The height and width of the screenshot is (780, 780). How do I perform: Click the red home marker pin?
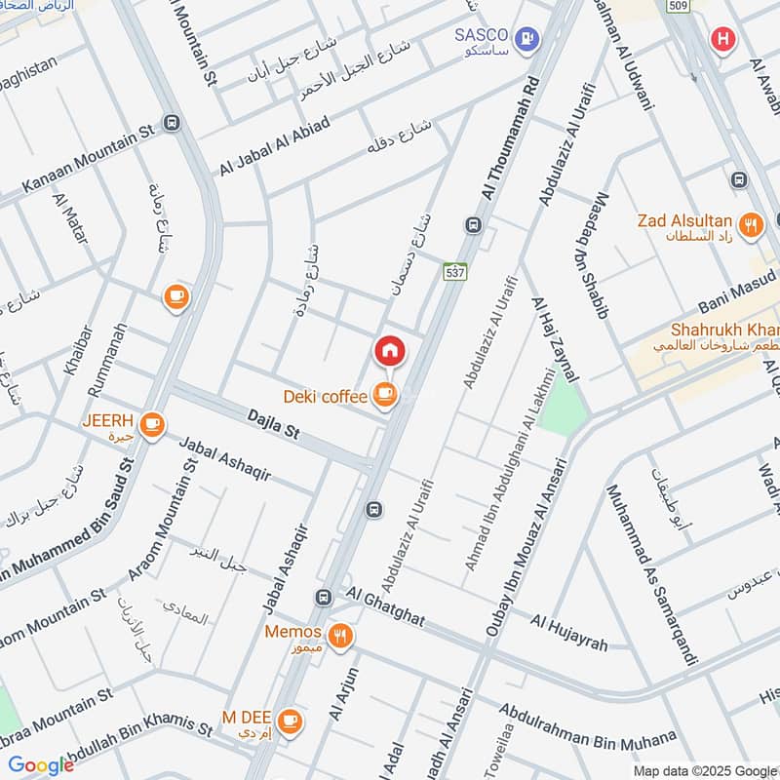click(x=388, y=351)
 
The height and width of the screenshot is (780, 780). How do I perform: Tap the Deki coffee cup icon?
click(x=386, y=395)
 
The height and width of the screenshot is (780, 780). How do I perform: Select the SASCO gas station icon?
click(x=527, y=38)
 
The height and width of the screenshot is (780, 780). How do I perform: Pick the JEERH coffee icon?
click(x=151, y=424)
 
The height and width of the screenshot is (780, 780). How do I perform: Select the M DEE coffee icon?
click(x=289, y=721)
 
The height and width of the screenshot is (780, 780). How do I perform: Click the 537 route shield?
click(x=455, y=271)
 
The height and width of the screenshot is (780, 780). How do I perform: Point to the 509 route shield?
click(x=678, y=7)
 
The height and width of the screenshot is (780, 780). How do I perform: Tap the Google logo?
click(x=40, y=765)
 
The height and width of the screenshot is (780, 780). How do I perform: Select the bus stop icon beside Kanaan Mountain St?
click(x=173, y=123)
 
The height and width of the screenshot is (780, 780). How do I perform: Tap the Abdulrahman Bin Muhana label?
click(x=587, y=723)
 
